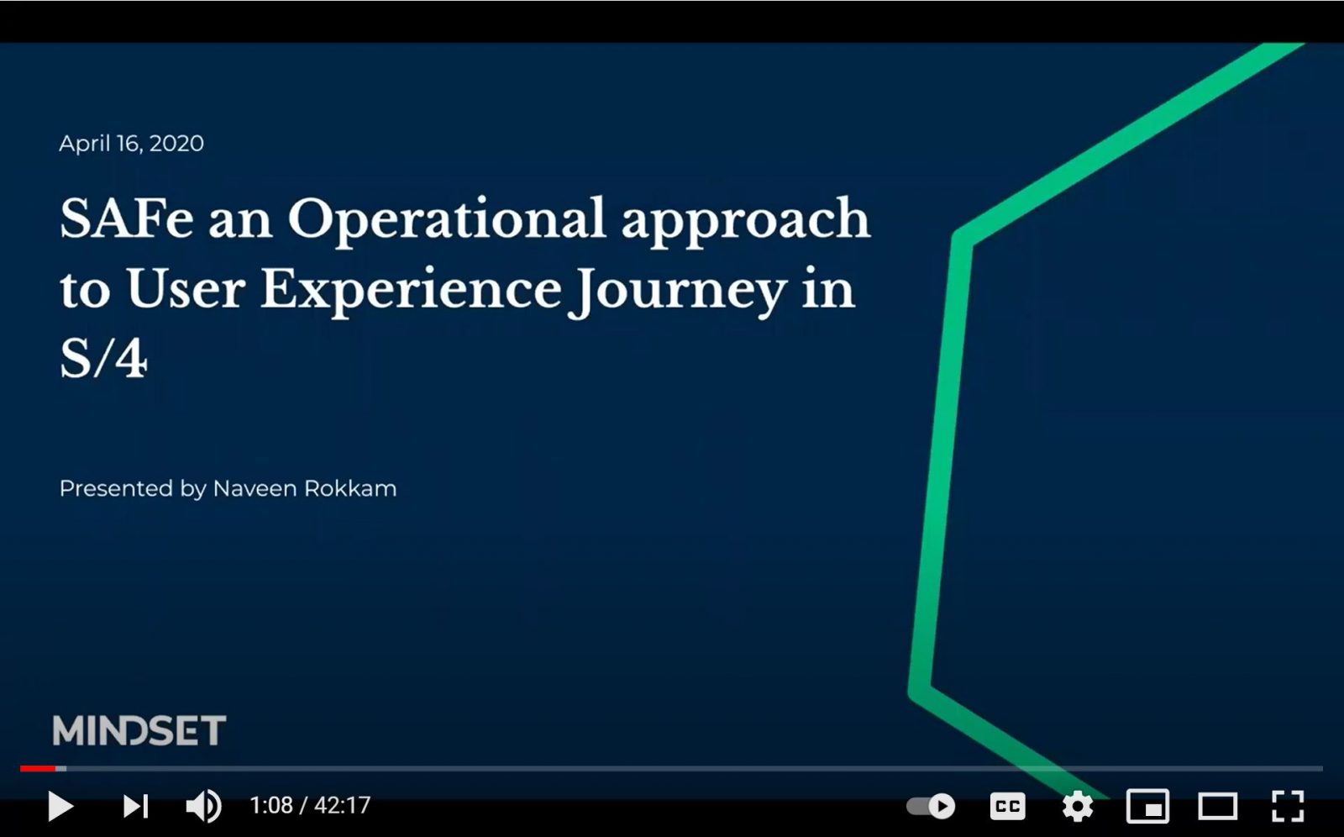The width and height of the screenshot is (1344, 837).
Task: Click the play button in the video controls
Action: click(x=60, y=806)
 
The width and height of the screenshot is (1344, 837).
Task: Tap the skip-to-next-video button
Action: click(x=135, y=806)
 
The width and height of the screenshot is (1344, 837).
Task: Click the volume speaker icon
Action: click(x=203, y=806)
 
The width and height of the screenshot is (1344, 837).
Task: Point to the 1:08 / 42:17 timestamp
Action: click(x=310, y=805)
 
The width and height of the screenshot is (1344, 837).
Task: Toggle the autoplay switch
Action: click(x=931, y=806)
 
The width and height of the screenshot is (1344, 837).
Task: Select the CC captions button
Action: click(x=1007, y=806)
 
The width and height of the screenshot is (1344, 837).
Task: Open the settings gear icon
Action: click(x=1078, y=806)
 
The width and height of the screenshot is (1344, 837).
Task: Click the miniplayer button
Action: click(x=1147, y=806)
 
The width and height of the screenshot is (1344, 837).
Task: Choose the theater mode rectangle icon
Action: click(x=1217, y=806)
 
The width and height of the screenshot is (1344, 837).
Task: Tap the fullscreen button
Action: click(x=1288, y=806)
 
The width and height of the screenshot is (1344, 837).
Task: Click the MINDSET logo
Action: click(x=139, y=730)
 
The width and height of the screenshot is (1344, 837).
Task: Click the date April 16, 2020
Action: click(x=131, y=144)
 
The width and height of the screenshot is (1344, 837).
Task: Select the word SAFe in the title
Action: click(x=127, y=218)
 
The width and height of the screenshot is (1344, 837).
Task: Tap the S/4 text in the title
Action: click(x=103, y=359)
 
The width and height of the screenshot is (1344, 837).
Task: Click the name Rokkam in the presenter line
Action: click(x=350, y=489)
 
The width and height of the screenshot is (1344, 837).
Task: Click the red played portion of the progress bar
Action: click(x=38, y=769)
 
